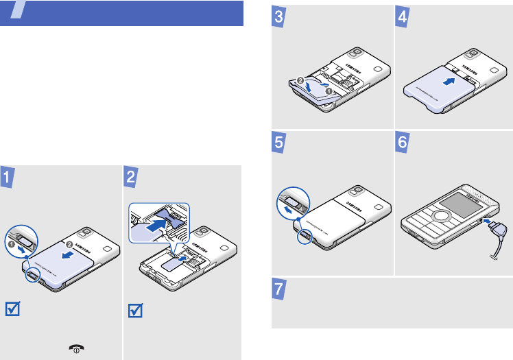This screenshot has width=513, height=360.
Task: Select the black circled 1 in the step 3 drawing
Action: (329, 89)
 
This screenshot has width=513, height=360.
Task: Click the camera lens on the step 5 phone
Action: (357, 188)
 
